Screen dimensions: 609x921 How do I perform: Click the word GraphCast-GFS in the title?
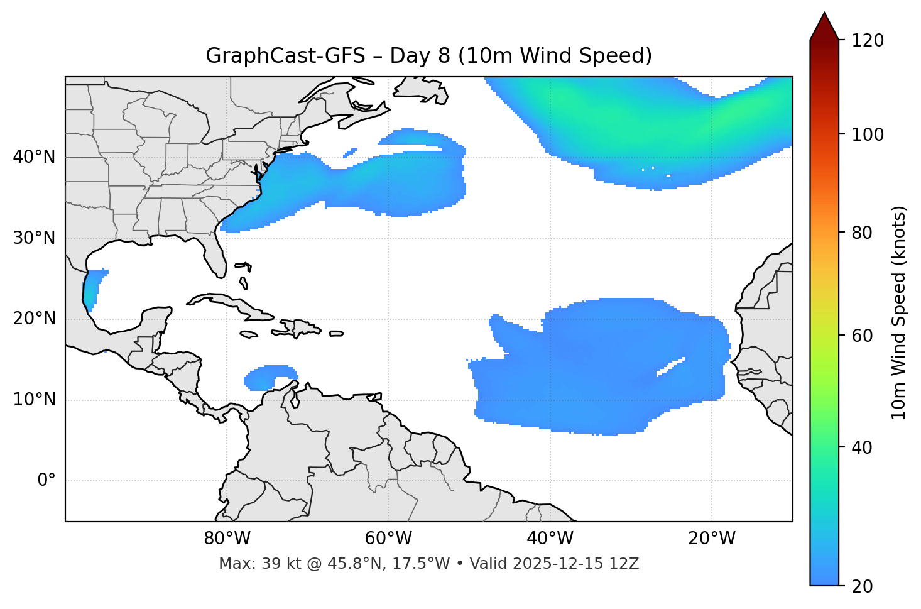coord(285,56)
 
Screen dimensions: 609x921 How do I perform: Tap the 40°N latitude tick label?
coord(34,157)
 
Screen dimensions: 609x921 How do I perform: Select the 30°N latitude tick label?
coord(34,238)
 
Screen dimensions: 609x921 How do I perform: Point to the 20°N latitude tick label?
coord(34,319)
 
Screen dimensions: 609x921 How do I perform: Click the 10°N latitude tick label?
coord(34,400)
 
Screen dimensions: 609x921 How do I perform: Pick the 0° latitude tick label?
coord(46,481)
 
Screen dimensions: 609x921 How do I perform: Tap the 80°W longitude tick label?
coord(227,539)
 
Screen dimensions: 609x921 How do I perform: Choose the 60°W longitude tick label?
coord(388,539)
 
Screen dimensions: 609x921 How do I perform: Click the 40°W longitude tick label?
coord(550,539)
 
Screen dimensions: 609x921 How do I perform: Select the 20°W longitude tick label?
coord(712,539)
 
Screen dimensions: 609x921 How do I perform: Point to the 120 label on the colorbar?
coord(868,41)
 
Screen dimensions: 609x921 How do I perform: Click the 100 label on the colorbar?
coord(868,134)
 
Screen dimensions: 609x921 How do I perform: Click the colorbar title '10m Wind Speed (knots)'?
coord(899,313)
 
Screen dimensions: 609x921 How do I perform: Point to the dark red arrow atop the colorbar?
coord(824,27)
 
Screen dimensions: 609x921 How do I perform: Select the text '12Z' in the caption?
coord(625,564)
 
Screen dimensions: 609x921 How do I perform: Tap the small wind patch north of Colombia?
coord(269,376)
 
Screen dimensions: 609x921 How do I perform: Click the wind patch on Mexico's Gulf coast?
coord(92,288)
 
